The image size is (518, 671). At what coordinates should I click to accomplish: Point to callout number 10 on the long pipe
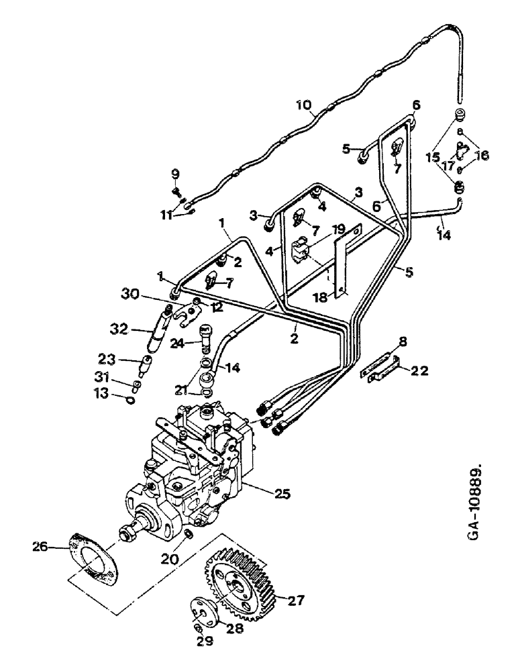(x=304, y=105)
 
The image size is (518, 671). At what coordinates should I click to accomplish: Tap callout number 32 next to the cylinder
(x=119, y=329)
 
